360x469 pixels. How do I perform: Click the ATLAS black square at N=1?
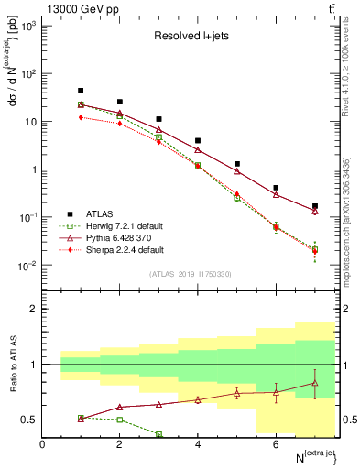click(x=82, y=91)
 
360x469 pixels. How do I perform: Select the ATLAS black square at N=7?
click(x=315, y=206)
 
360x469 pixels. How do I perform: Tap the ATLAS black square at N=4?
click(x=198, y=141)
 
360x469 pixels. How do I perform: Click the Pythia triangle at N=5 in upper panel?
click(x=237, y=171)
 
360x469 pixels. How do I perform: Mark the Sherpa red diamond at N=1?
click(x=82, y=117)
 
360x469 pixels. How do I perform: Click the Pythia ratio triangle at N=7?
click(x=315, y=383)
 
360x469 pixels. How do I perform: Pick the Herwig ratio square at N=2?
click(x=120, y=420)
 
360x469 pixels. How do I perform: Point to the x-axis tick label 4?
click(x=198, y=444)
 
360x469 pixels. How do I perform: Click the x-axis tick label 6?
click(x=276, y=444)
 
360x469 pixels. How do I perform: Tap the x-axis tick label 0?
click(x=42, y=444)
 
